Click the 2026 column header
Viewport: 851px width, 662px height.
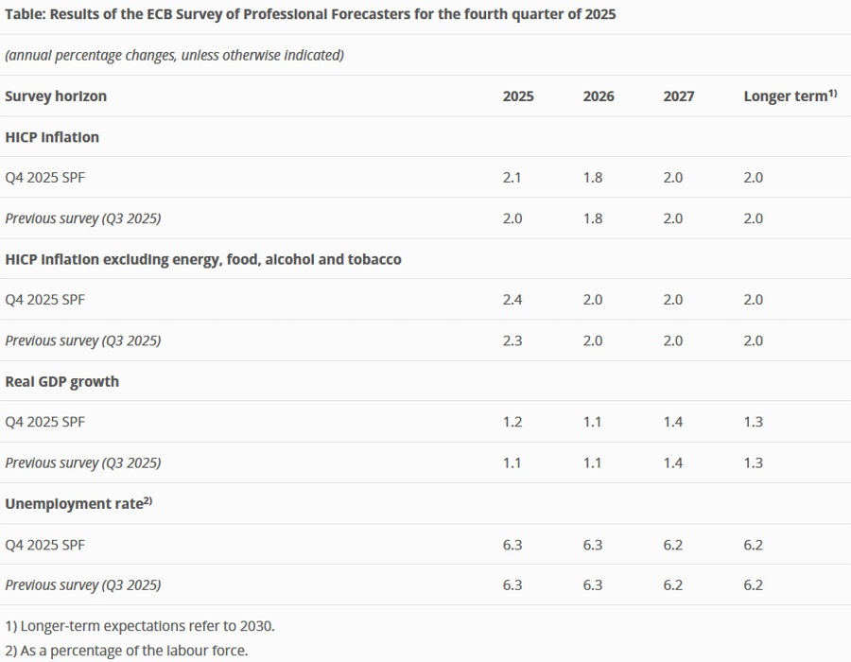coord(599,96)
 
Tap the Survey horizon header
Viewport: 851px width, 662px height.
coord(56,96)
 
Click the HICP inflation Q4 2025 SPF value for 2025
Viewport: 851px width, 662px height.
coord(512,178)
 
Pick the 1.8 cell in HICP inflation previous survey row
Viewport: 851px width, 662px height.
coord(593,218)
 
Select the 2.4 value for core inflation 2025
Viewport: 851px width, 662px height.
coord(512,300)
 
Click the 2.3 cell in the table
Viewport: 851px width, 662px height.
coord(512,340)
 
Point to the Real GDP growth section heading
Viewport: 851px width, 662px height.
coord(62,381)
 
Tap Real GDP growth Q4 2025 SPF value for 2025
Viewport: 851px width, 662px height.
coord(512,422)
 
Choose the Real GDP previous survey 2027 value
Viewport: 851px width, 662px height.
coord(673,462)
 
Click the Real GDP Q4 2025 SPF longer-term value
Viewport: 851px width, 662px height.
coord(754,422)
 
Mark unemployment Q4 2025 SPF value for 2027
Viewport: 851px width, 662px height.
coord(673,545)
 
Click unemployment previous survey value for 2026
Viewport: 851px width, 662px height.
coord(593,585)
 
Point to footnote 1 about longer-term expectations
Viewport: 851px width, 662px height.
coord(140,626)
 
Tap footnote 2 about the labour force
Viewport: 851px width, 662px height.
coord(127,651)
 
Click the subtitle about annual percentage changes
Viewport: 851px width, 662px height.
coord(174,55)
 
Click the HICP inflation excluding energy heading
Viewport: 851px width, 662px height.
coord(203,259)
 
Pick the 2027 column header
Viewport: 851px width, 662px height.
coord(679,96)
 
